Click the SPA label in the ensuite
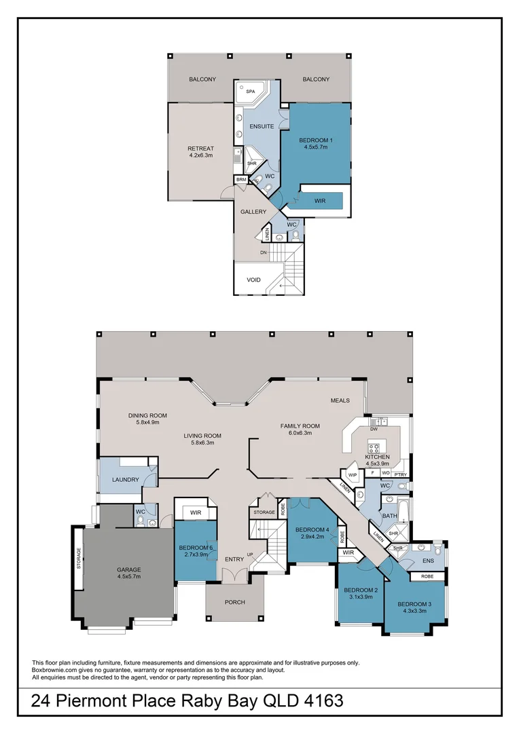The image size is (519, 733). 250,91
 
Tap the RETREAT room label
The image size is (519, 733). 200,149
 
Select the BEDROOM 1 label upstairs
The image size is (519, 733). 315,140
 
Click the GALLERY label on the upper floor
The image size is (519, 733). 253,212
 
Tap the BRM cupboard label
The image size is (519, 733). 241,180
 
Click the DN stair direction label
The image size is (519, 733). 263,252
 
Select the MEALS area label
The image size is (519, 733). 340,400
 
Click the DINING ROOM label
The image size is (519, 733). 147,415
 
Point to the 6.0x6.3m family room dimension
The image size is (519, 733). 300,433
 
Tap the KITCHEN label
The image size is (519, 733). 377,457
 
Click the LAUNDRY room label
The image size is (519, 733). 126,480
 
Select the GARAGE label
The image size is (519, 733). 128,569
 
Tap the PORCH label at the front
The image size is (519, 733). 234,602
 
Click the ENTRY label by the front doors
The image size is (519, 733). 234,559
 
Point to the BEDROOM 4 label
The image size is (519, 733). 312,529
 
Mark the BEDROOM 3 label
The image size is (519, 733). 414,603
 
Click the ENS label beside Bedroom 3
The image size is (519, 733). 429,561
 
